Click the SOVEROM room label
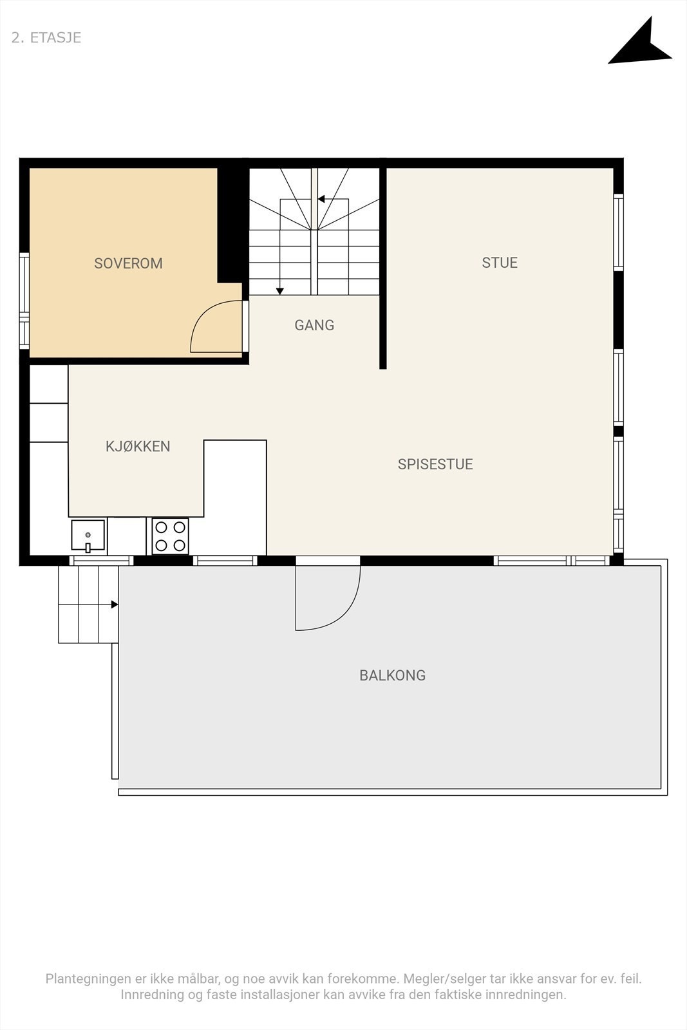[128, 263]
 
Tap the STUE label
[500, 263]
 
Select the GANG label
[314, 325]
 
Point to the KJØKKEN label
[138, 447]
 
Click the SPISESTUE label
[435, 464]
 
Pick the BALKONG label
[392, 675]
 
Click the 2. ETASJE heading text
[46, 37]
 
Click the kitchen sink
[88, 536]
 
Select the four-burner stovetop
[171, 536]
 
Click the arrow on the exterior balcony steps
[114, 604]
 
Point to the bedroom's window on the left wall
[24, 301]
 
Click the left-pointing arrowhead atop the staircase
[321, 199]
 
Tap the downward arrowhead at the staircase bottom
[280, 291]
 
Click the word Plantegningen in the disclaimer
[88, 979]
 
